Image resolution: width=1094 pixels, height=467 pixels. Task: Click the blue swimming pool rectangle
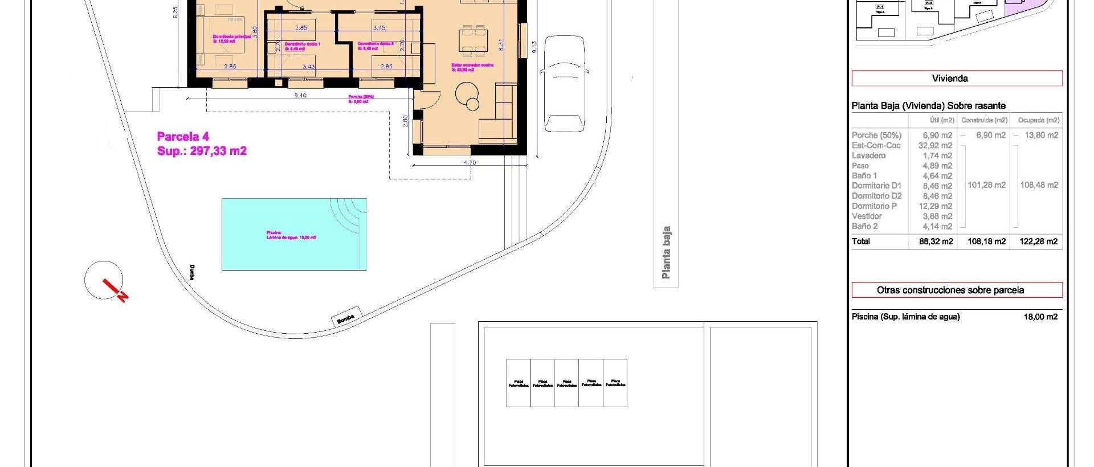(x=293, y=234)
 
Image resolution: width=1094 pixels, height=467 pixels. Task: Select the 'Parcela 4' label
(x=183, y=137)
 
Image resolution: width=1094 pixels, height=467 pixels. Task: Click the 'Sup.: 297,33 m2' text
(x=202, y=151)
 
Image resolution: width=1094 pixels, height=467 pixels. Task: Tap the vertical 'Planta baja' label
(x=666, y=252)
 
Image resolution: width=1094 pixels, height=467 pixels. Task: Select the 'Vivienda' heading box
(x=950, y=79)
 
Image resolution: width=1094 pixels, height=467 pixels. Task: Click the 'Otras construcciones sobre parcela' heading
(x=950, y=290)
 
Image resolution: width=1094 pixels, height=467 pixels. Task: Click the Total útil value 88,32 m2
(x=936, y=241)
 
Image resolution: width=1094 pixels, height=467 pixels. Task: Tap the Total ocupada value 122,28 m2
(x=1039, y=241)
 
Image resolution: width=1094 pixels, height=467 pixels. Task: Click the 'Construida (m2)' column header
(x=984, y=120)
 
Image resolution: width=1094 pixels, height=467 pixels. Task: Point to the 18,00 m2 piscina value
(x=1040, y=317)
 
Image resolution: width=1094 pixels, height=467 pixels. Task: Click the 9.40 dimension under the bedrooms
(x=300, y=96)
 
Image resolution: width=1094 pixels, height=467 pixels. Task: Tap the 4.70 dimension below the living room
(x=470, y=162)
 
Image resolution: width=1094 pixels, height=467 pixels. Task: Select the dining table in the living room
(x=474, y=40)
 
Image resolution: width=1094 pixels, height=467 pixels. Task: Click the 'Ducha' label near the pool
(x=193, y=272)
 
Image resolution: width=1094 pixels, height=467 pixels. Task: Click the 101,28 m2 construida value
(x=986, y=185)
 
